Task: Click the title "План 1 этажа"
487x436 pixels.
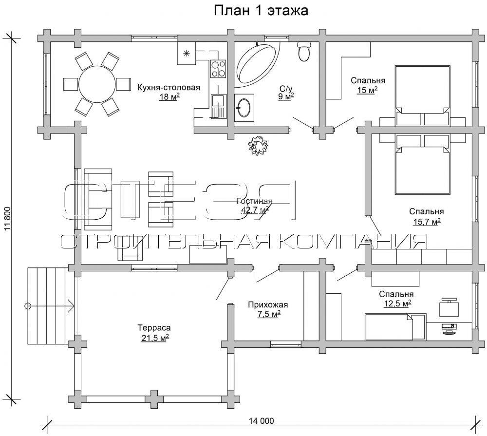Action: point(261,11)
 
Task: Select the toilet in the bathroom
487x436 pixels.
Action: point(304,51)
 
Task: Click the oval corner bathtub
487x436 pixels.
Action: point(257,63)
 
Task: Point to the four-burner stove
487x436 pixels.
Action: point(218,69)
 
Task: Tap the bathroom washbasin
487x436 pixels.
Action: point(244,108)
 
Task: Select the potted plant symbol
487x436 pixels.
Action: point(258,145)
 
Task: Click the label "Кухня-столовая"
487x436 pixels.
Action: point(169,87)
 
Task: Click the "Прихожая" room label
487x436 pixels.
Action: point(268,305)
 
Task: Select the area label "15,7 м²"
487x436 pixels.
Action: point(427,222)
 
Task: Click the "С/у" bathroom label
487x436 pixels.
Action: point(286,89)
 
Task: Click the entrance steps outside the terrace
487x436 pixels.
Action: point(48,306)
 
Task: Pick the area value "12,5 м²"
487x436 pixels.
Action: point(397,303)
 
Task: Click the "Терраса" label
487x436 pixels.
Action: point(154,327)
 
